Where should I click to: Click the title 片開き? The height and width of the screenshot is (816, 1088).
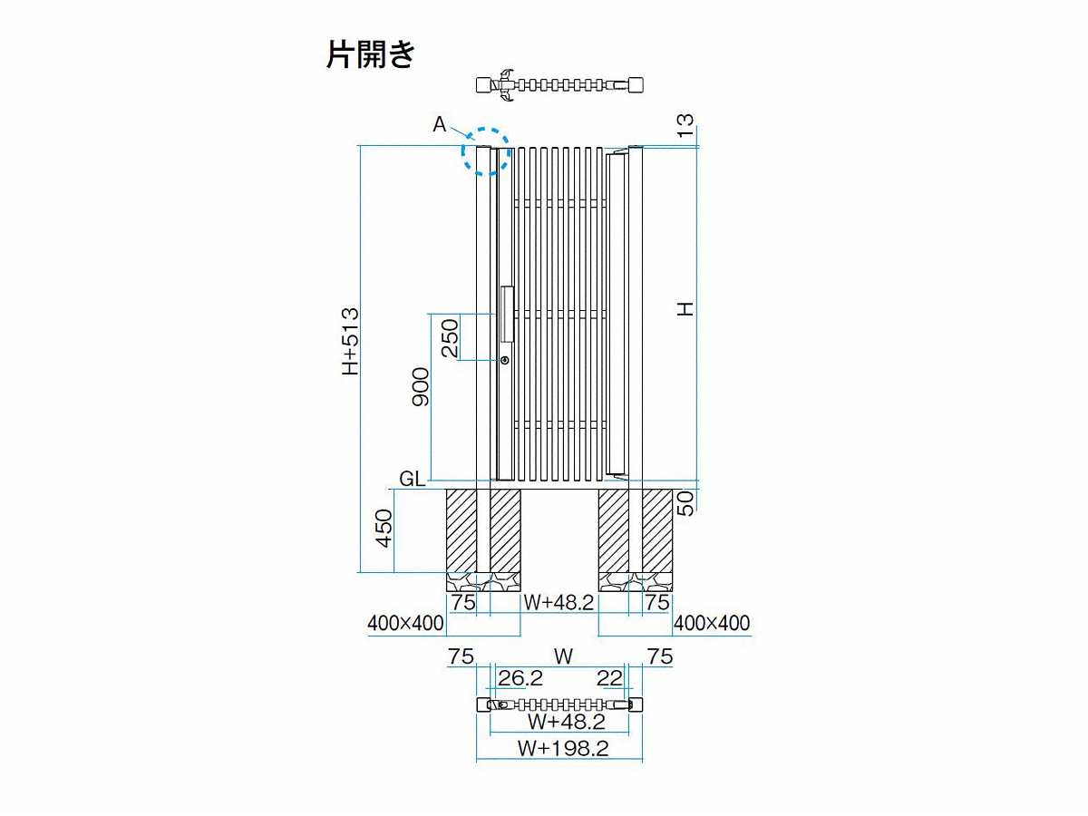pos(371,53)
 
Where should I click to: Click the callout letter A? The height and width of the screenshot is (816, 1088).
pos(439,124)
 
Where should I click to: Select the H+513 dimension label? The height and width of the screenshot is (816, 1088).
pos(350,341)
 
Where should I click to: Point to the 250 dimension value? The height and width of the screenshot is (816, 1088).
pos(450,338)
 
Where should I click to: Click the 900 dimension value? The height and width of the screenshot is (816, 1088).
pos(421,387)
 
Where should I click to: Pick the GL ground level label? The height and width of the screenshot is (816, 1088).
pos(412,479)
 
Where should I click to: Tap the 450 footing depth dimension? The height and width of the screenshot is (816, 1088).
pos(384,529)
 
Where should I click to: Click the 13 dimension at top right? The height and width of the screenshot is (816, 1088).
pos(685,125)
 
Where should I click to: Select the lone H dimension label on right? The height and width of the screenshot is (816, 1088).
pos(685,309)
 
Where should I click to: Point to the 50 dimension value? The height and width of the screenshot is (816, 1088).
pos(685,503)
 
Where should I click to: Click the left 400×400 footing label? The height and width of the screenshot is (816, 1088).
pos(405,623)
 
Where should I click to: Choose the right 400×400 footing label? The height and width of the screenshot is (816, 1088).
pos(712,623)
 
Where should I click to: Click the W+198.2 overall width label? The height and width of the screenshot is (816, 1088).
pos(563,748)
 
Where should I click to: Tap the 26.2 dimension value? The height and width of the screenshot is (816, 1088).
pos(520,678)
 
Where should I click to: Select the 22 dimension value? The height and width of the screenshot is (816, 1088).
pos(609,678)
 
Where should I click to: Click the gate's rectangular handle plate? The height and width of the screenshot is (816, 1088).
pos(507,314)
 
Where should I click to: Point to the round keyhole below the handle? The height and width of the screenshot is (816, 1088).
pos(505,360)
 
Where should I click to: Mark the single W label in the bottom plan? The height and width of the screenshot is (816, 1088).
pos(563,656)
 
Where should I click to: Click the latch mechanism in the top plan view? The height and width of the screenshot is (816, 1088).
pos(505,85)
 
